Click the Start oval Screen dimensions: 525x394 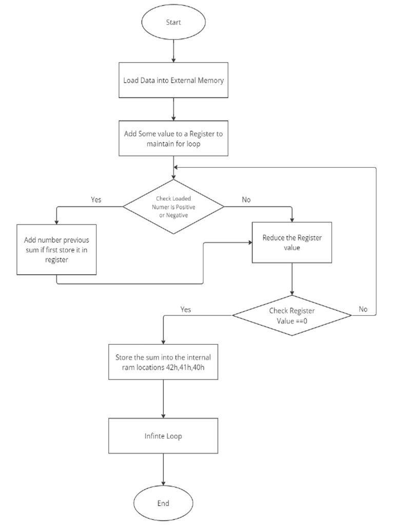tap(174, 23)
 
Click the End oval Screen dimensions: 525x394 tap(163, 503)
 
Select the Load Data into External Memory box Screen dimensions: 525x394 tap(174, 80)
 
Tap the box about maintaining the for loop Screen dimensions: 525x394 tap(174, 138)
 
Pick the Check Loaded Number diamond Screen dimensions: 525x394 tap(174, 207)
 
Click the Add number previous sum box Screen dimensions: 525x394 tap(56, 250)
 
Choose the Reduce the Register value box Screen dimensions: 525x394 tap(291, 243)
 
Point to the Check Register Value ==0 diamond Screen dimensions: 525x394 tap(292, 315)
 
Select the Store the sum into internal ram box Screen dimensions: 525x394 tap(163, 362)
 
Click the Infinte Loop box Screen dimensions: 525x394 tap(163, 437)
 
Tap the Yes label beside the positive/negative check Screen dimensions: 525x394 tap(96, 199)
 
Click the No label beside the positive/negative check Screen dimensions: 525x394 tap(246, 199)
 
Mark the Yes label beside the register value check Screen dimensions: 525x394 tap(186, 309)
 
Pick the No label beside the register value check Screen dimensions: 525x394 tap(363, 309)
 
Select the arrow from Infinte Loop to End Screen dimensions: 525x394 tap(163, 470)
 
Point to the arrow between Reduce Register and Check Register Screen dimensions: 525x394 tap(292, 279)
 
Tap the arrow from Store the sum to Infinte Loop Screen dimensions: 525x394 tap(163, 399)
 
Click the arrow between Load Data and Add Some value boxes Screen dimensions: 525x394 tap(174, 109)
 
